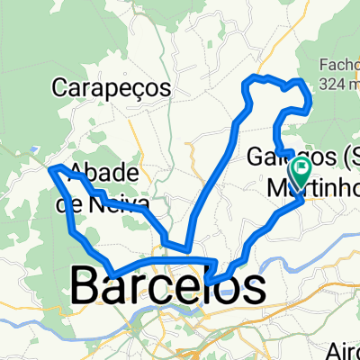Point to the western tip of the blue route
point(49,167)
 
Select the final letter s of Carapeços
point(166,89)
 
